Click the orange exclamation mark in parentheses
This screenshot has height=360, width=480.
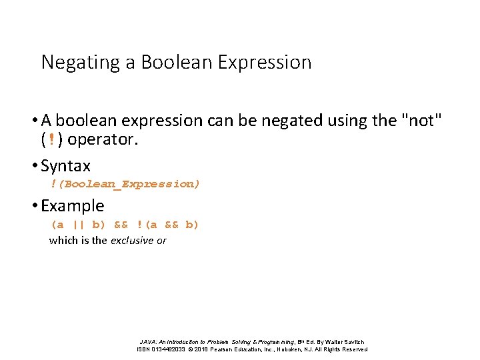tap(53, 141)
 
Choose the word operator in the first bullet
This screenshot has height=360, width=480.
tap(103, 141)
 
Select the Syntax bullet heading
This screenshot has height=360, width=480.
tap(65, 165)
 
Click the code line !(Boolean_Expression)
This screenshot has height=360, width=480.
tap(125, 184)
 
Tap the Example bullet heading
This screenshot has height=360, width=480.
tap(72, 205)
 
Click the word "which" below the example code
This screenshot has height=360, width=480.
tap(63, 241)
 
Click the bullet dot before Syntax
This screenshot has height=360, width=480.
tap(36, 166)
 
